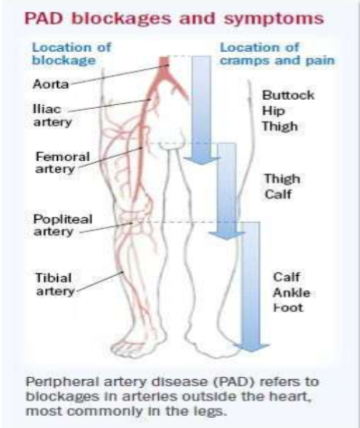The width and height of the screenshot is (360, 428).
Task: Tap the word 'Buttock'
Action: click(x=288, y=96)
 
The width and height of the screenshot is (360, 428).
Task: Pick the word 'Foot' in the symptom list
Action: click(x=288, y=308)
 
